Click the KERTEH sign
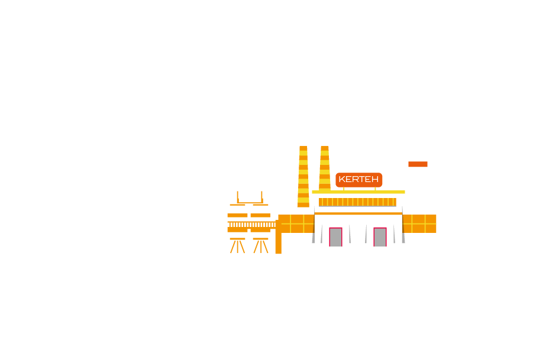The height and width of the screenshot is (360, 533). (358, 180)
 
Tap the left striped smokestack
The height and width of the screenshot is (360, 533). (303, 177)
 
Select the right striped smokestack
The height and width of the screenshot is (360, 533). (325, 168)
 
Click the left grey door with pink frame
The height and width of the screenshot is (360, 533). (335, 237)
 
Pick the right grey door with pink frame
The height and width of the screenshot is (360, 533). (380, 237)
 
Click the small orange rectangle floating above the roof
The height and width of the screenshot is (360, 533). (418, 164)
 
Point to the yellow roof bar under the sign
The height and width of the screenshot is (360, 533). (358, 192)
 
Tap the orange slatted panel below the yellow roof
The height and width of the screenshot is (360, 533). (357, 202)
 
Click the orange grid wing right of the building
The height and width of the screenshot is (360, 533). (419, 224)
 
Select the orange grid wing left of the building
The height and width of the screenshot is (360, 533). (296, 224)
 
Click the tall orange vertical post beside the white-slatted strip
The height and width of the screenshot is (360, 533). (279, 236)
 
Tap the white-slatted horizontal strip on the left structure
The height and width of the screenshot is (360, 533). (251, 225)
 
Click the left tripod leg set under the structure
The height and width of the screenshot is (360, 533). (237, 245)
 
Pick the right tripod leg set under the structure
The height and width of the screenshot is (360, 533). (261, 245)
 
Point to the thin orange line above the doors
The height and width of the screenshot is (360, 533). (358, 213)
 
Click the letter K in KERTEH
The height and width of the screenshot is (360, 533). (342, 179)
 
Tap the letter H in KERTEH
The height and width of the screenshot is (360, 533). (375, 179)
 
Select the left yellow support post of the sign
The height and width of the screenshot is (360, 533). (344, 189)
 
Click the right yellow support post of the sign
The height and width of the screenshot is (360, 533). (375, 189)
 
